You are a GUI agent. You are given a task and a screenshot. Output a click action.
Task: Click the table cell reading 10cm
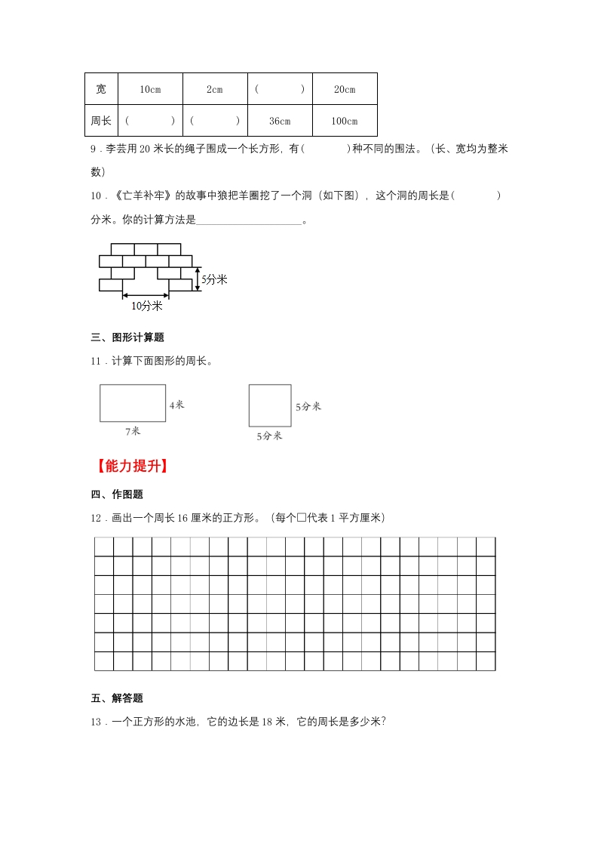point(150,89)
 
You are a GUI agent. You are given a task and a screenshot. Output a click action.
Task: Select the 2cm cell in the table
point(215,89)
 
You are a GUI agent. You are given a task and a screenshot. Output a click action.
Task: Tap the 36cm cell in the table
point(280,121)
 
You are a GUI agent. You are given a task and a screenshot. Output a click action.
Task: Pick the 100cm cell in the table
point(345,121)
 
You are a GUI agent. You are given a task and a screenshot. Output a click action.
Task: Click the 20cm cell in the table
point(345,89)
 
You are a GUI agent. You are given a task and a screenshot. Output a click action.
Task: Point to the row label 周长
point(101,121)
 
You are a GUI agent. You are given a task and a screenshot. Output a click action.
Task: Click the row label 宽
point(101,89)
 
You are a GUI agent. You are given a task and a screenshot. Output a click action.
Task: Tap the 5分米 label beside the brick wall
point(215,279)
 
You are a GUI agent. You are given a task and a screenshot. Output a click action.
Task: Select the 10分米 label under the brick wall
point(146,306)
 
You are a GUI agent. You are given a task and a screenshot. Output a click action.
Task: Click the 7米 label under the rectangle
point(133,431)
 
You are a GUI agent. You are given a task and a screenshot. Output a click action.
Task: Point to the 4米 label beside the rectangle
point(176,405)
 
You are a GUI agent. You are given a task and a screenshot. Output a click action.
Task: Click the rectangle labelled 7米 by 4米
point(133,402)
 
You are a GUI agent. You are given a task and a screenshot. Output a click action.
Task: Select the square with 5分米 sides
point(269,405)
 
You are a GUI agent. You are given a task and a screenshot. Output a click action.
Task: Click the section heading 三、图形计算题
point(127,337)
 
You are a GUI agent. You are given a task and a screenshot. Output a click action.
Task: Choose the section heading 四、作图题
point(117,494)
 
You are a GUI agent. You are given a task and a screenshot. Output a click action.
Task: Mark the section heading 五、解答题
point(117,698)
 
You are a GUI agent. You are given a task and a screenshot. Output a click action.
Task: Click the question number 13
point(96,722)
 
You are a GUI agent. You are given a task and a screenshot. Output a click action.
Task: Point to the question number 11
point(96,361)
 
